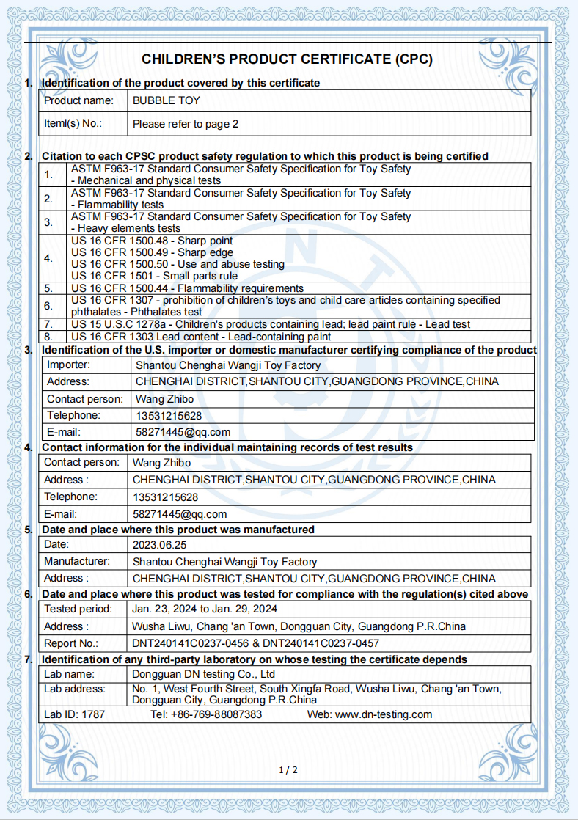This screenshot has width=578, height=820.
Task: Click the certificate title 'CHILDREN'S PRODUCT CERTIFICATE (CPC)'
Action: pos(287,59)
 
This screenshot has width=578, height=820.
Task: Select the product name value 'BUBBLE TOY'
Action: pos(166,100)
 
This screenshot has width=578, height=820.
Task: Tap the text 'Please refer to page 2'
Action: pos(186,124)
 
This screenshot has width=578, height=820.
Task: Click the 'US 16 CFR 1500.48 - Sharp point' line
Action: pos(152,241)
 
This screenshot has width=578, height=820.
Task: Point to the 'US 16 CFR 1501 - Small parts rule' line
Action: pos(154,276)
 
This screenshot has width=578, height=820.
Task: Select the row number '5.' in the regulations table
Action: pos(48,288)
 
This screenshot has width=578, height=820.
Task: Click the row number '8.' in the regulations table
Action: pos(48,335)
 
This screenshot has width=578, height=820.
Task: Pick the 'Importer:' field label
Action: pos(68,365)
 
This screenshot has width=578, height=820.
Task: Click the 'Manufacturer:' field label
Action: pos(77,562)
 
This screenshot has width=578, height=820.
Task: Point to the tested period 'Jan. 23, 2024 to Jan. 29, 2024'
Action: pos(205,609)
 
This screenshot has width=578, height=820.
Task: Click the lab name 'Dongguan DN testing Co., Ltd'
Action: pos(204,673)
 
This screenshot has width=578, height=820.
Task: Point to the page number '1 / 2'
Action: pos(288,769)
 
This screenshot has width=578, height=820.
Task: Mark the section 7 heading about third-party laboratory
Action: pos(254,659)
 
